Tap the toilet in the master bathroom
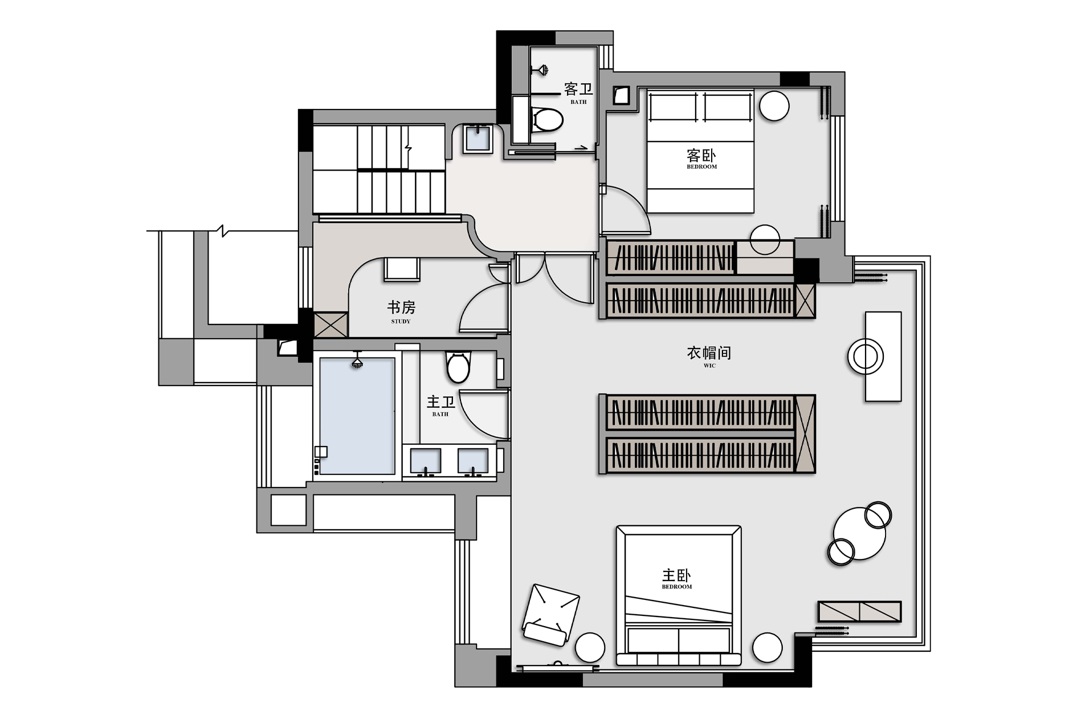point(458,367)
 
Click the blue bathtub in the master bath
point(357,416)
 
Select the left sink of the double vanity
point(426,461)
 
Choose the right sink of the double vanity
point(473,461)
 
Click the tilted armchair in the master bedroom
point(550,615)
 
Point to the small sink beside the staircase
point(478,139)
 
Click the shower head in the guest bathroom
point(540,70)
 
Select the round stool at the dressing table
point(865,356)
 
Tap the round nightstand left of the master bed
point(590,648)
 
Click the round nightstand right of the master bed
point(767,648)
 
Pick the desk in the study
point(402,269)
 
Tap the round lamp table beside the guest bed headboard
point(774,106)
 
